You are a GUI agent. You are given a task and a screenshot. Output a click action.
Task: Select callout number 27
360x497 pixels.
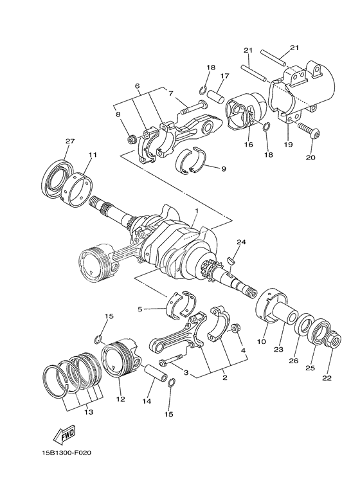click(x=69, y=141)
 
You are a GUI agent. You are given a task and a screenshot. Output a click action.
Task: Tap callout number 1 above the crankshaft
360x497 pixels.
click(x=197, y=210)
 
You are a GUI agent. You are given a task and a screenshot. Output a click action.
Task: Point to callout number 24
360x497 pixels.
click(x=241, y=242)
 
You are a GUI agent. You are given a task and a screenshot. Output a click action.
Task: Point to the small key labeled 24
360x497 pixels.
click(x=231, y=260)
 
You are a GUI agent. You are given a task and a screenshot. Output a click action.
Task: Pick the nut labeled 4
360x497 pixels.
click(x=235, y=328)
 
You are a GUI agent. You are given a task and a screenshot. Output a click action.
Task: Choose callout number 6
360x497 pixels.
click(x=137, y=85)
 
